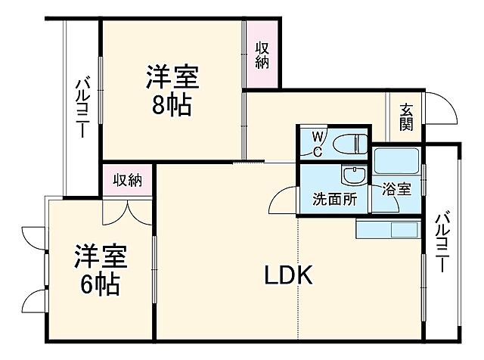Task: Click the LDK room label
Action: (x=289, y=276)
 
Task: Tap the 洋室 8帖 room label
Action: (x=172, y=90)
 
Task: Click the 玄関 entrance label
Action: (x=406, y=116)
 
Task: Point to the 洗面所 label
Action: (x=335, y=200)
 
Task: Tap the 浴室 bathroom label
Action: (x=396, y=189)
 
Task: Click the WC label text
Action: (x=318, y=144)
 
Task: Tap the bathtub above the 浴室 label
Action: (x=397, y=161)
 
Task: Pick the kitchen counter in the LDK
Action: (x=387, y=228)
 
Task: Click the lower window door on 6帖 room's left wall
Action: (x=34, y=303)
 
